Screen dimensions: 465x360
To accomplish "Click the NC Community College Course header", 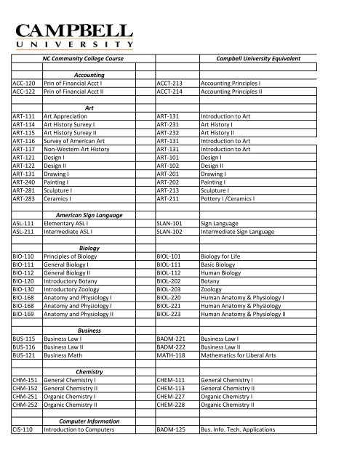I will [x=88, y=57].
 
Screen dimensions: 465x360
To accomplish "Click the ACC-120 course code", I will [x=25, y=84].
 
